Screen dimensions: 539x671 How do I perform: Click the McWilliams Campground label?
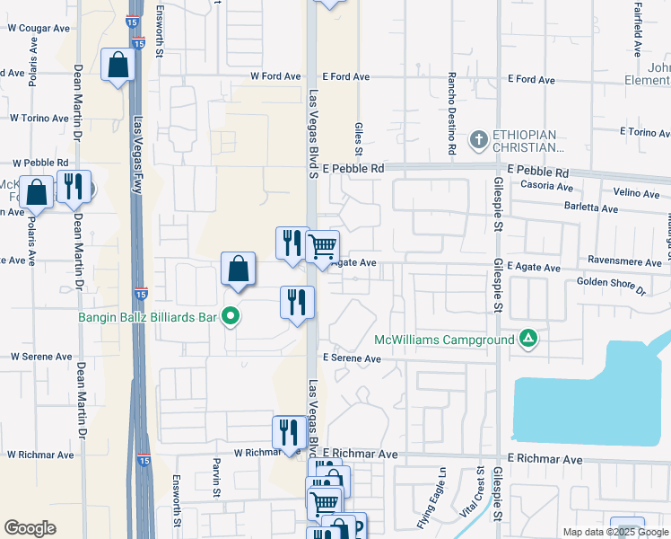[444, 340]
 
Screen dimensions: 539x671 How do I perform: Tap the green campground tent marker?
[528, 339]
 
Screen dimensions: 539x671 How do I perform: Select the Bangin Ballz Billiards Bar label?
[147, 315]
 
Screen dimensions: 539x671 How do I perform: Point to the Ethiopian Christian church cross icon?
[479, 139]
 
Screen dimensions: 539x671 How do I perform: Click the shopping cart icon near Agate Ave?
[322, 245]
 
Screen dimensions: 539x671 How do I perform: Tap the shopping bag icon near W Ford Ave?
[118, 65]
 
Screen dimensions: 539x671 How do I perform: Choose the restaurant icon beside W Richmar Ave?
[289, 431]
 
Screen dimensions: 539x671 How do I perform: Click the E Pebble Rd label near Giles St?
[353, 168]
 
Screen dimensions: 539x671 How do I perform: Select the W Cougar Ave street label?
[39, 28]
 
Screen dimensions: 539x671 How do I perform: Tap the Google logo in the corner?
[30, 527]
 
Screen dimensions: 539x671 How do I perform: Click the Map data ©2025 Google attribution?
[614, 532]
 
